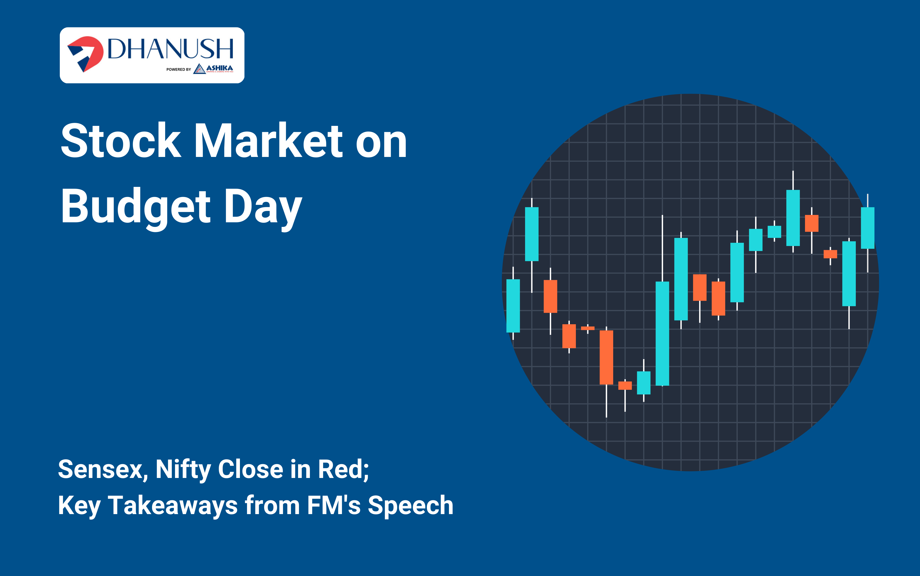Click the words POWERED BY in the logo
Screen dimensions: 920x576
click(x=178, y=69)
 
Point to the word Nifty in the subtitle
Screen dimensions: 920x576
click(x=184, y=470)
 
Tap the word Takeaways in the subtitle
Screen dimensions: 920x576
click(x=173, y=506)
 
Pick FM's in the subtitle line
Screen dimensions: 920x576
click(x=333, y=506)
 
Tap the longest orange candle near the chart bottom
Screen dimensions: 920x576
click(x=606, y=357)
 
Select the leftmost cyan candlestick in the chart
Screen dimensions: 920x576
click(x=513, y=306)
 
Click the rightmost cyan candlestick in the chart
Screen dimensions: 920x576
click(x=868, y=228)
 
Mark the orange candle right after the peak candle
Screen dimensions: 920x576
click(x=811, y=223)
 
